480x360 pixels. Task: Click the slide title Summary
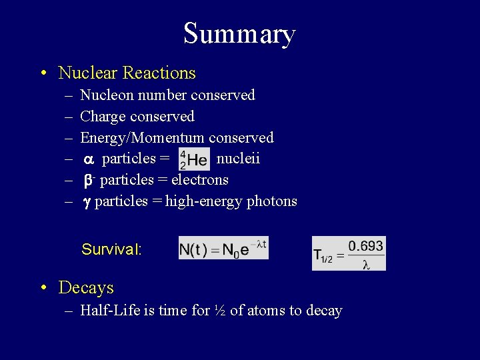click(x=239, y=34)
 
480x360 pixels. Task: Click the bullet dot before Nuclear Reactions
click(x=43, y=73)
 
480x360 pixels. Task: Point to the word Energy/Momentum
click(x=142, y=138)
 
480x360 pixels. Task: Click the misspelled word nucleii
click(x=239, y=159)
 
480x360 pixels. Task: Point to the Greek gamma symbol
click(x=86, y=202)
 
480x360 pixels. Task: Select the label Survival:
click(x=111, y=250)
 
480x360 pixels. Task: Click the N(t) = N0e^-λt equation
click(x=223, y=249)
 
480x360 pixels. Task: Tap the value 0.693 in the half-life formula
click(x=365, y=246)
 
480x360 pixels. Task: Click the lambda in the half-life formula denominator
click(x=365, y=263)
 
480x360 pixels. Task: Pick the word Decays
click(x=86, y=288)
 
